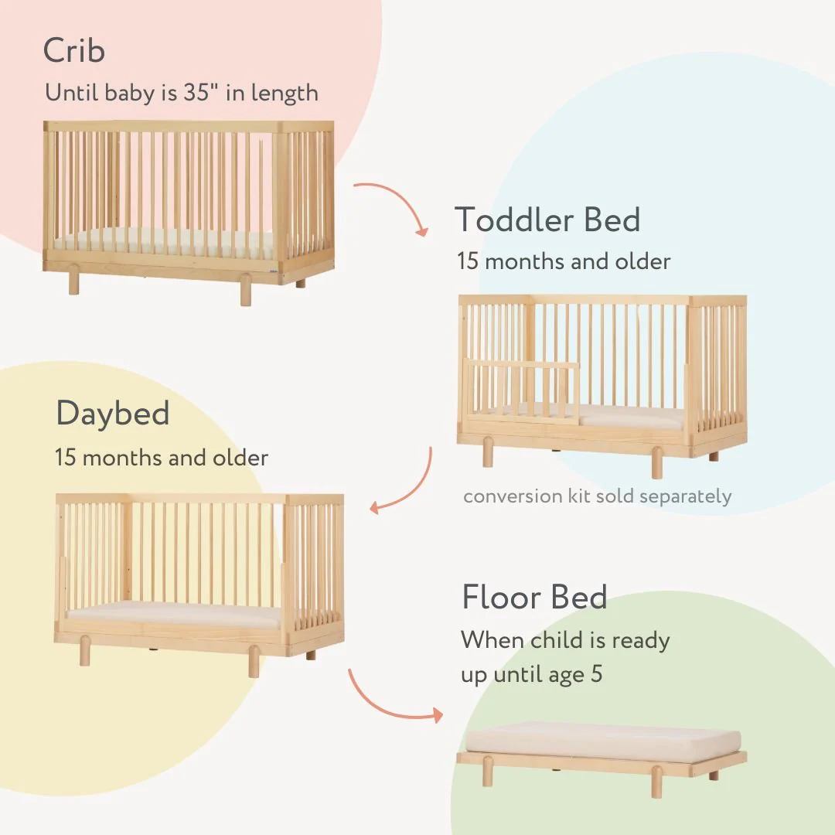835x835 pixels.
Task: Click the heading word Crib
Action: pyautogui.click(x=74, y=51)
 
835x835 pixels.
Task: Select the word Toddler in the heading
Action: pyautogui.click(x=514, y=220)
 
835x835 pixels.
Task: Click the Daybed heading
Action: pyautogui.click(x=113, y=414)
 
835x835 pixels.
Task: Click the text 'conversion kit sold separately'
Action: pyautogui.click(x=597, y=496)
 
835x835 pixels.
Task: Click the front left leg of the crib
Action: pyautogui.click(x=73, y=282)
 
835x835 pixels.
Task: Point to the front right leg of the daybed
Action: pyautogui.click(x=254, y=661)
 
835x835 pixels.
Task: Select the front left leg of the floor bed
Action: pyautogui.click(x=488, y=771)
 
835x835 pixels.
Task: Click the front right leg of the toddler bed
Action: pyautogui.click(x=656, y=462)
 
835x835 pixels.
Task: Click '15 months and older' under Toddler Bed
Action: pyautogui.click(x=564, y=261)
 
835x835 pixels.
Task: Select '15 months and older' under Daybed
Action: pyautogui.click(x=162, y=458)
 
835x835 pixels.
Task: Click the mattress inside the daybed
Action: pyautogui.click(x=174, y=615)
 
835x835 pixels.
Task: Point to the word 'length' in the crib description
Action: pyautogui.click(x=290, y=93)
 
